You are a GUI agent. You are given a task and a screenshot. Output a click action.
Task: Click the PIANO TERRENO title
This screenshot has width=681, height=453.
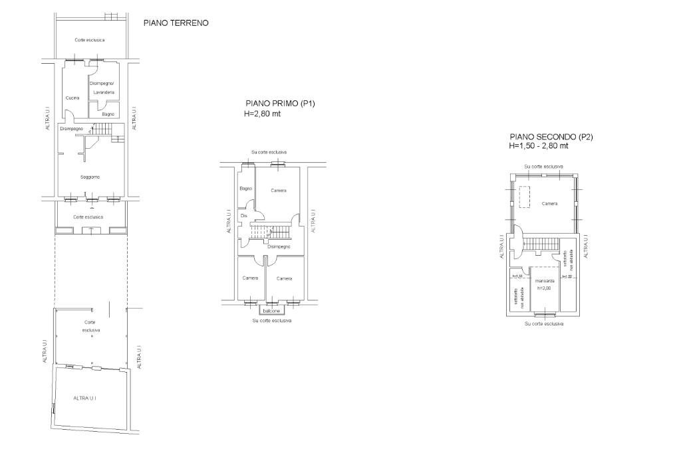[x=176, y=23]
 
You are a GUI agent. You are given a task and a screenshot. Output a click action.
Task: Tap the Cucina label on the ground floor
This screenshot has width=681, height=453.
[x=72, y=98]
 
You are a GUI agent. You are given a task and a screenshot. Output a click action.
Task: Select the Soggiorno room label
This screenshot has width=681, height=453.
[x=90, y=177]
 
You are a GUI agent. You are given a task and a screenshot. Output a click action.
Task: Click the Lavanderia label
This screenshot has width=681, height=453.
[x=104, y=92]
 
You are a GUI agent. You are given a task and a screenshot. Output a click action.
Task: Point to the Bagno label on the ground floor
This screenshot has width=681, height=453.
[x=108, y=114]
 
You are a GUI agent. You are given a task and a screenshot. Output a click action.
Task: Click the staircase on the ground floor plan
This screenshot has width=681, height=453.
[x=103, y=130]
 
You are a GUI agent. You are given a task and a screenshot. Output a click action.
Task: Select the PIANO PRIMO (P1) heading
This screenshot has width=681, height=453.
[x=280, y=104]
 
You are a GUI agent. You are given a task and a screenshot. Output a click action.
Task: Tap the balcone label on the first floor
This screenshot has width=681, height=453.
[x=271, y=311]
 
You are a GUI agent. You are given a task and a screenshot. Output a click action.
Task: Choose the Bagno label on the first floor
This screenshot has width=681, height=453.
[x=246, y=189]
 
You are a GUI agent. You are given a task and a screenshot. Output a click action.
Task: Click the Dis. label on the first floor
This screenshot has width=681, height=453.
[x=244, y=216]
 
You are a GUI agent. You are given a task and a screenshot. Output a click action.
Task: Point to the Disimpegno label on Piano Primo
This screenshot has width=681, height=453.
[x=279, y=246]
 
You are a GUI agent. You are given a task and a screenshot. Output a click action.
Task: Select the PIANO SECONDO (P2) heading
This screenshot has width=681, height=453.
[x=551, y=137]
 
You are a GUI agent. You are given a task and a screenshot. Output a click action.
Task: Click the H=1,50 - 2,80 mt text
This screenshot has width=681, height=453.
[x=539, y=146]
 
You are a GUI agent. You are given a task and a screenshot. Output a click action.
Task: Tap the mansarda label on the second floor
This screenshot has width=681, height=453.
[x=544, y=281]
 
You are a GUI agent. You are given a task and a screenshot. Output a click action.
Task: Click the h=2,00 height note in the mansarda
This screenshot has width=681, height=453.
[x=544, y=288]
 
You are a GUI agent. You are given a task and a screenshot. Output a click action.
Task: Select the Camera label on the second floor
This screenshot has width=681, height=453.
[x=549, y=203]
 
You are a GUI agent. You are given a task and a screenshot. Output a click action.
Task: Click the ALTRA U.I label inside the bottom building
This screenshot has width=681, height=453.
[x=84, y=398]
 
